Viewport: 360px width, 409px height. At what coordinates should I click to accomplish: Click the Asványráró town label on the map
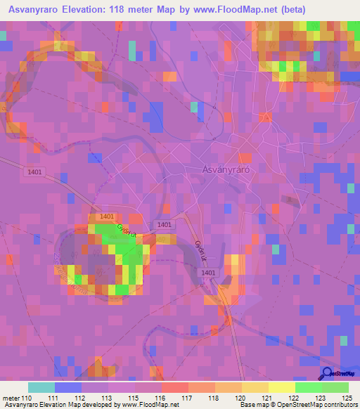(x=231, y=170)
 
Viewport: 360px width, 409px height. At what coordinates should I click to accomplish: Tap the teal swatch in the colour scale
(x=41, y=387)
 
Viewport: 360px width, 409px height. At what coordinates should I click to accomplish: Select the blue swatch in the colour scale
(x=68, y=387)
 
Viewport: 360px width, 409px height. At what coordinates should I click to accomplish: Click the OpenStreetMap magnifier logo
(x=327, y=373)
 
